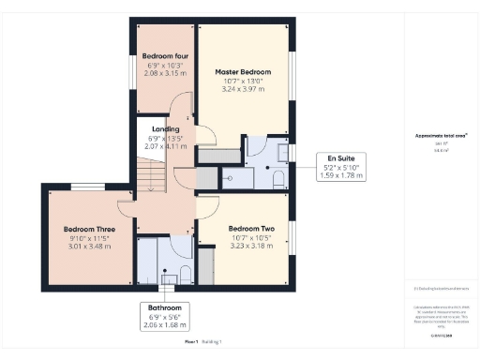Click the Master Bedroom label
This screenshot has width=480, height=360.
[x=243, y=72]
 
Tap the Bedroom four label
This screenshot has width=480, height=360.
[x=160, y=56]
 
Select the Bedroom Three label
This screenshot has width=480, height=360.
[x=89, y=229]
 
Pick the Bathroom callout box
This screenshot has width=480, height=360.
[x=165, y=316]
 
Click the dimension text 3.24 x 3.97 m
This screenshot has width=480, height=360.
[x=243, y=89]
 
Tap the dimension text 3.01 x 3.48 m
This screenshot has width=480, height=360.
[x=89, y=246]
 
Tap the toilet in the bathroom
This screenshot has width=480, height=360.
[x=185, y=274]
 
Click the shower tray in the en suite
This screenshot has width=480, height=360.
[x=234, y=177]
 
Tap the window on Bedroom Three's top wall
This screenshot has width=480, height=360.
[x=86, y=187]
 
